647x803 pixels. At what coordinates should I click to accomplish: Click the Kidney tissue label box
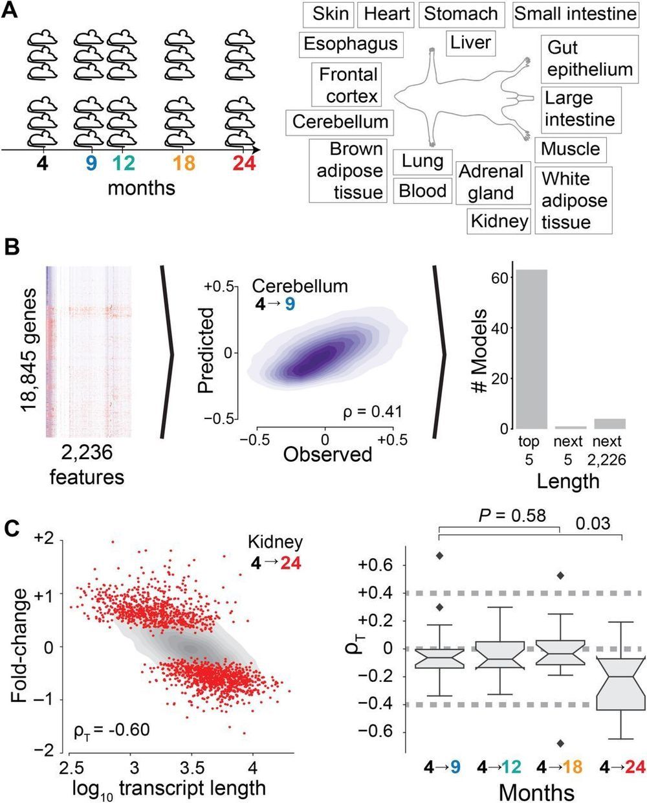tap(499, 221)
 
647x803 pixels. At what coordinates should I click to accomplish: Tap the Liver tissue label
tap(470, 43)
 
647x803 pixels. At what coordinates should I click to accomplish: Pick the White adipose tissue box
tap(575, 200)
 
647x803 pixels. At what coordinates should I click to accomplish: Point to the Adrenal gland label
tap(490, 182)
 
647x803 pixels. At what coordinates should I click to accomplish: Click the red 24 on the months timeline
tap(244, 164)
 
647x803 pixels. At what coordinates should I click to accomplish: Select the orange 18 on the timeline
tap(182, 164)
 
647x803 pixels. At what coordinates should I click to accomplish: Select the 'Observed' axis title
tap(327, 455)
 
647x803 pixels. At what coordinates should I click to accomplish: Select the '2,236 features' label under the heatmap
tap(87, 465)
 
